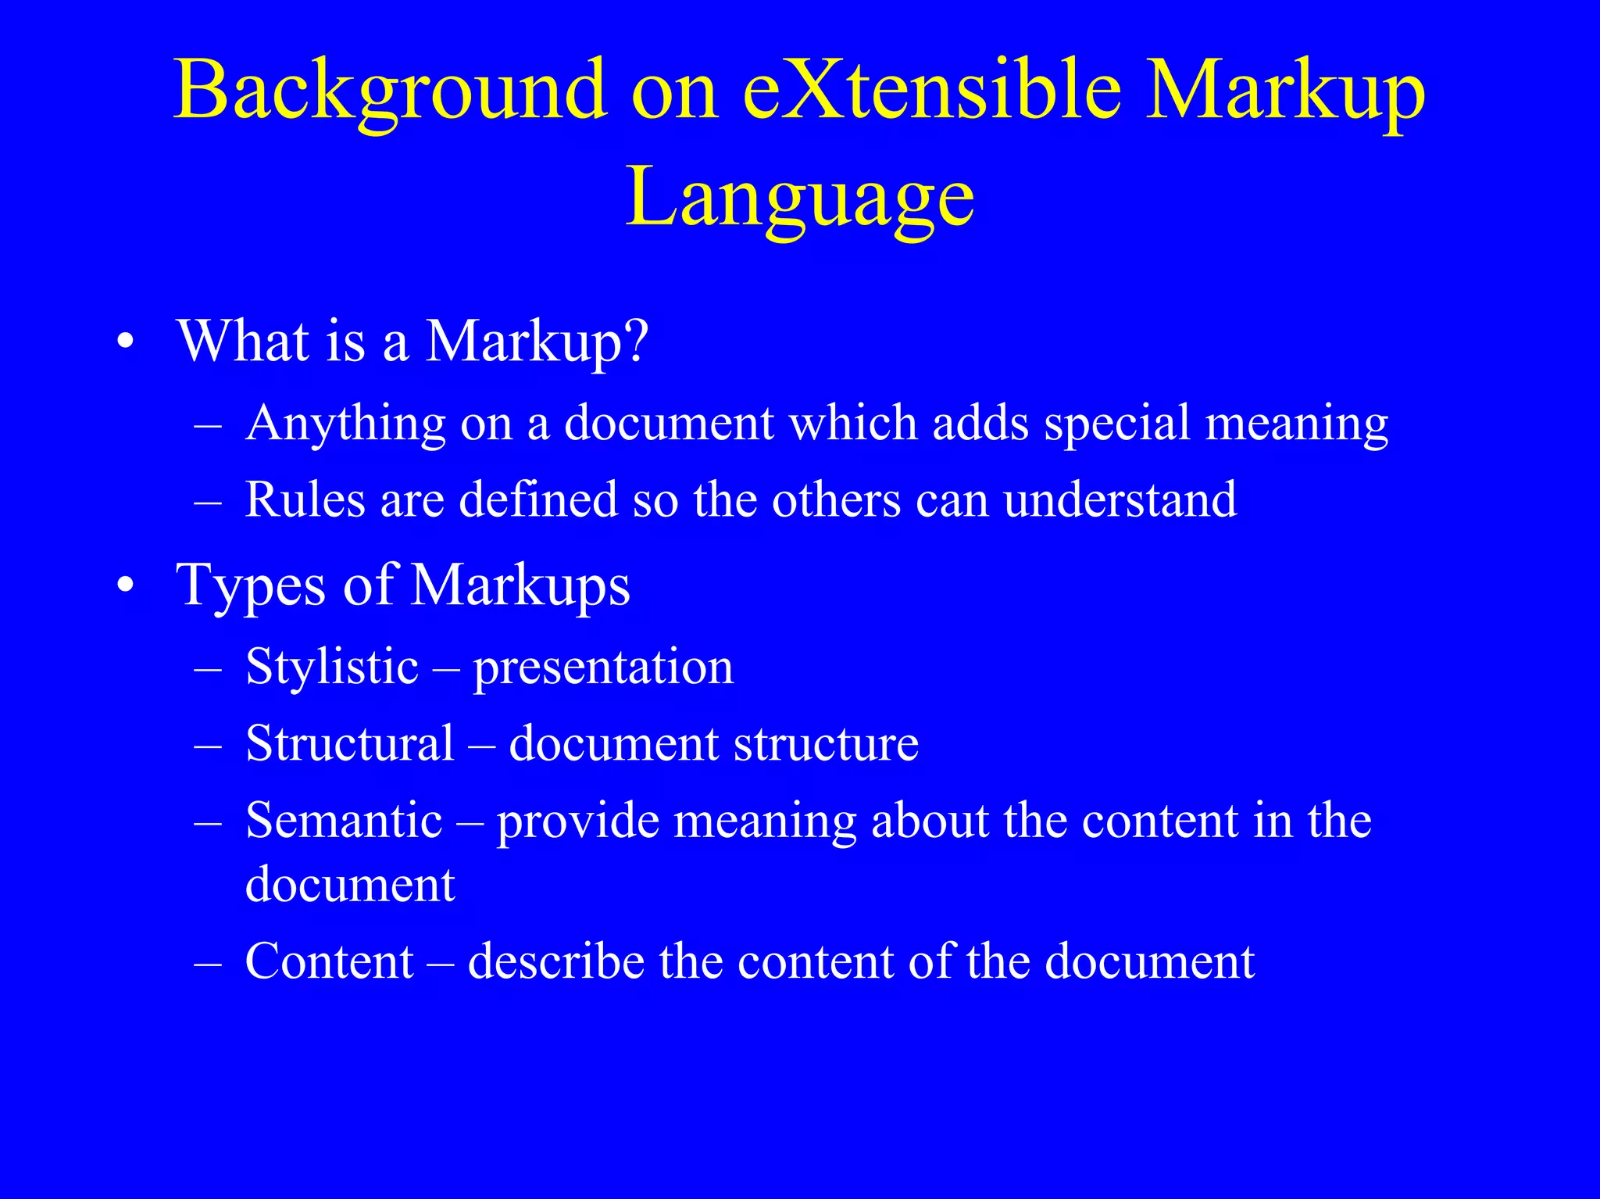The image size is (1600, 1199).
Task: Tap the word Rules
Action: coord(305,499)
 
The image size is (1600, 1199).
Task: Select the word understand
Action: coord(1120,499)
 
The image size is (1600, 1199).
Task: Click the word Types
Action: coord(250,586)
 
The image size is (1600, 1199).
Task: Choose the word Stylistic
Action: coord(332,667)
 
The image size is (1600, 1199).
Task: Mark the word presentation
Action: coord(604,668)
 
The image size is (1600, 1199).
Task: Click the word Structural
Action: coord(349,743)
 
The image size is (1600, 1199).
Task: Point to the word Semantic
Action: coord(344,820)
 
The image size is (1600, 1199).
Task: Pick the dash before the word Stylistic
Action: coord(208,668)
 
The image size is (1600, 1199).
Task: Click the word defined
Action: coord(538,499)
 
